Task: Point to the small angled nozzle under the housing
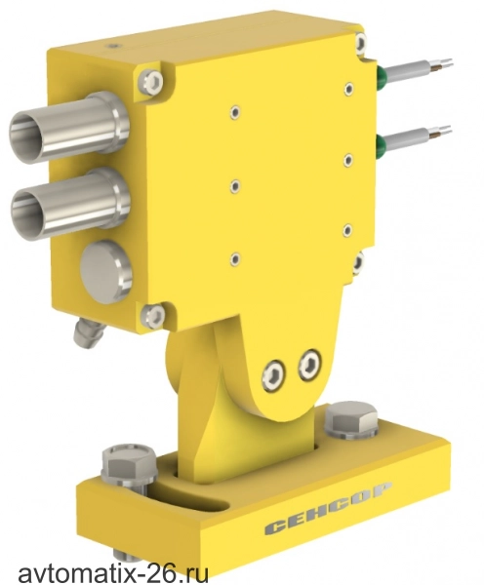(x=88, y=332)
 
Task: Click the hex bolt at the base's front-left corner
(x=129, y=465)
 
